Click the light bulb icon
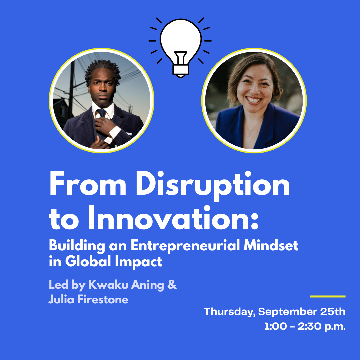click(180, 47)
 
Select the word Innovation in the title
click(173, 218)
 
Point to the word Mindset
click(271, 245)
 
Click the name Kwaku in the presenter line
click(108, 285)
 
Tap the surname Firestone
click(103, 299)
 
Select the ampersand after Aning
click(172, 285)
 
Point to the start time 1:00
click(276, 326)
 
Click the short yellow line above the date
click(328, 296)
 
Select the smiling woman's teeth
click(253, 100)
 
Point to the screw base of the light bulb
click(181, 70)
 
